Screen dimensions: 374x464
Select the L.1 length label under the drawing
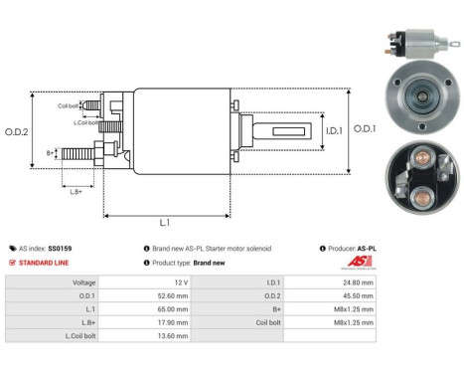165,224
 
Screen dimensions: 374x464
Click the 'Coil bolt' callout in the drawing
68,104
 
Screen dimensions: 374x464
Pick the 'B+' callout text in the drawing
52,152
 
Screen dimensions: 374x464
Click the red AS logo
359,263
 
